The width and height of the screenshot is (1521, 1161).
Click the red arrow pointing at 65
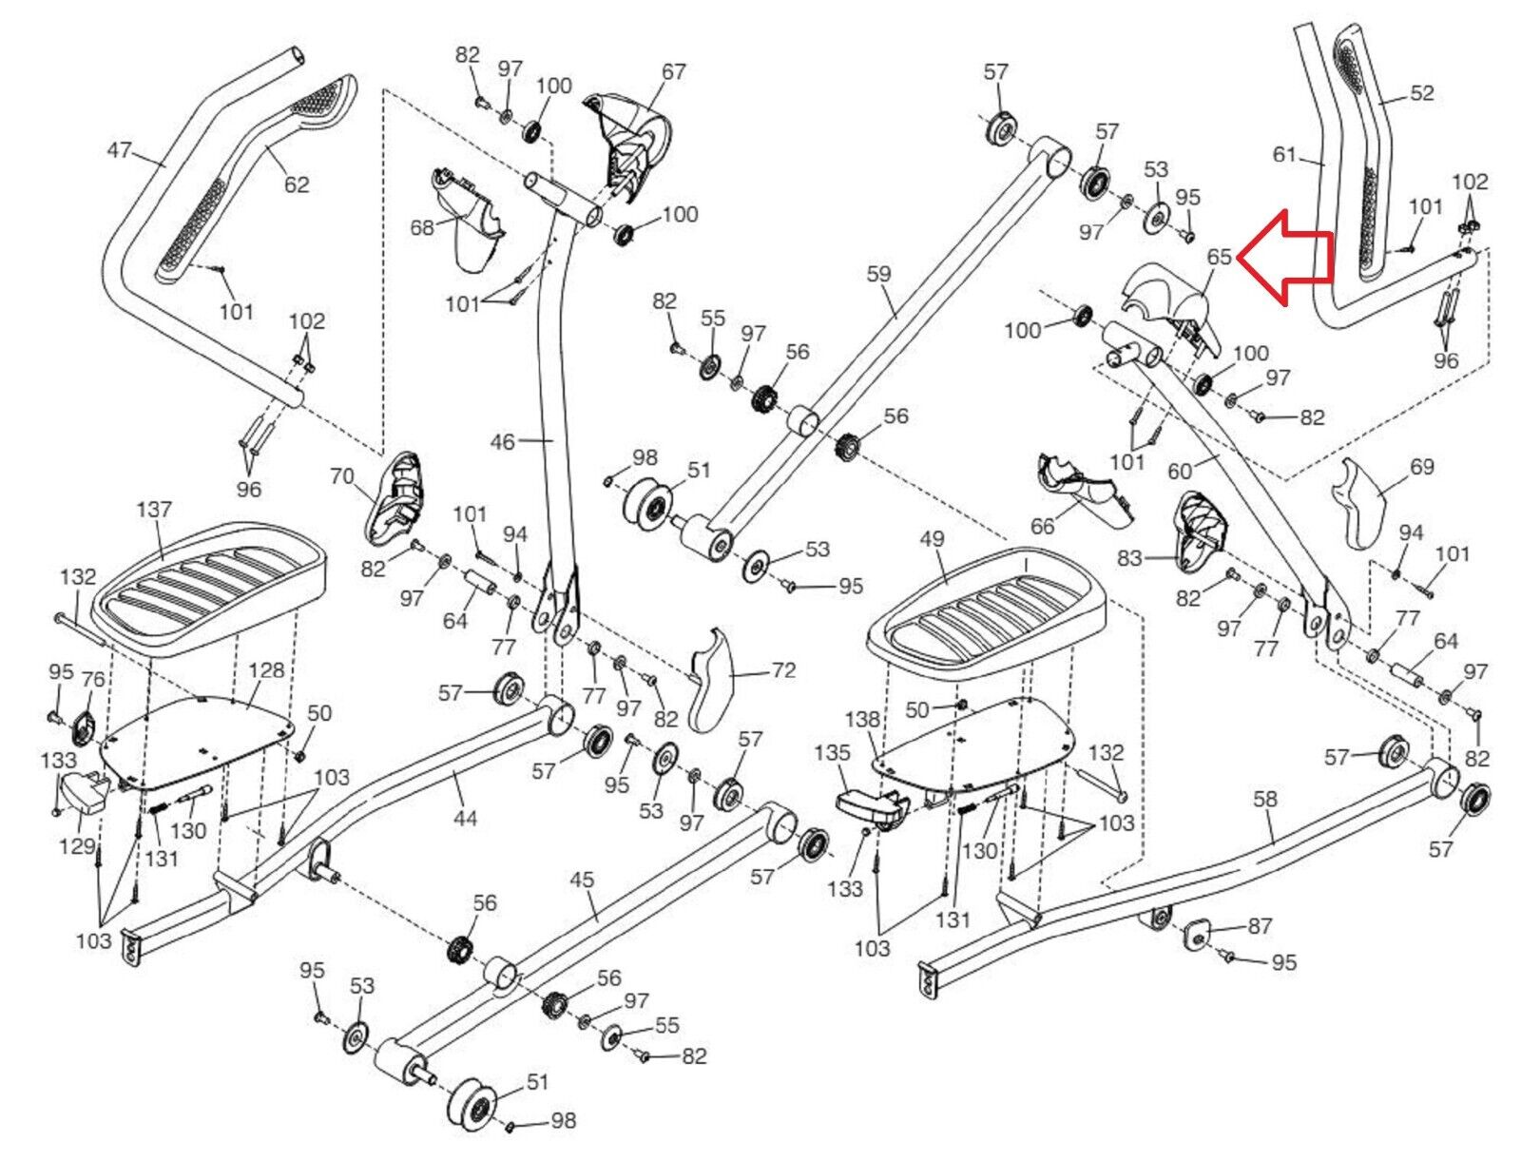coord(1284,258)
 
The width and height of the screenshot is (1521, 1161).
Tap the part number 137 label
coord(153,510)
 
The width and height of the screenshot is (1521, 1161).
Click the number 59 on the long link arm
coord(878,274)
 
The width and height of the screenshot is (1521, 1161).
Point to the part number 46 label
coord(502,441)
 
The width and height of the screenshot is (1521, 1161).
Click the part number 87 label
coord(1260,925)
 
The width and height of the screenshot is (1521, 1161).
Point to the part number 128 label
coord(266,670)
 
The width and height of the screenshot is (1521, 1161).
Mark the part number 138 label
coord(862,719)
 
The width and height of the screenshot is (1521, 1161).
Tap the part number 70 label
coord(341,476)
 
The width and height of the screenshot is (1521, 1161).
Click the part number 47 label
coord(120,149)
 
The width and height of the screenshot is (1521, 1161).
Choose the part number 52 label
coord(1420,92)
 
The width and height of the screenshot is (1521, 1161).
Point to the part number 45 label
coord(582,880)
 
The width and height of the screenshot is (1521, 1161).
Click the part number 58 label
coord(1264,799)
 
